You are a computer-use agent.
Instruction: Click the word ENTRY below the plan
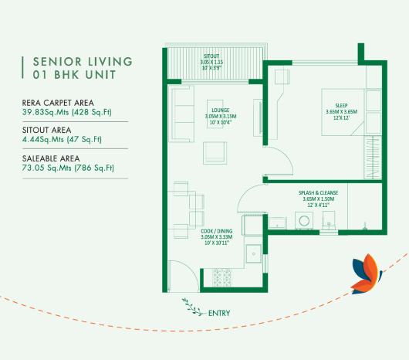pos(219,313)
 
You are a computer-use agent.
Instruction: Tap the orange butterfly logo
pos(367,274)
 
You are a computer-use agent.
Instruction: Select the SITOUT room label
pos(211,56)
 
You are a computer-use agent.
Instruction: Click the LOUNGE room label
pos(221,110)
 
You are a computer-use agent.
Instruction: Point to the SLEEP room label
pos(341,106)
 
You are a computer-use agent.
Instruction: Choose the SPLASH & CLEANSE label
pos(318,192)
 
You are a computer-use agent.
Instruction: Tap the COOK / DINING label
pos(217,231)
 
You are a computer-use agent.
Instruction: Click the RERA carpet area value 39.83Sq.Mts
pos(46,112)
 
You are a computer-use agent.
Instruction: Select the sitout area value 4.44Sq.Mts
pos(43,139)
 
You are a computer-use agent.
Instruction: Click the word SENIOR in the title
pos(57,62)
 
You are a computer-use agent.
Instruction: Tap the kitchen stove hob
pos(222,277)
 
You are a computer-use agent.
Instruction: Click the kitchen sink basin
pos(253,253)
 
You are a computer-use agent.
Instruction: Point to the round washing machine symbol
pos(304,221)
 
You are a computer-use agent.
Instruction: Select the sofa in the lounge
pos(181,114)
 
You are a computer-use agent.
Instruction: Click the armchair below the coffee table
pos(215,153)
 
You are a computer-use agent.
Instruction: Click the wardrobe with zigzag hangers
pos(373,158)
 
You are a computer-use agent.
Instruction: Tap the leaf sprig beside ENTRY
pos(192,307)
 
